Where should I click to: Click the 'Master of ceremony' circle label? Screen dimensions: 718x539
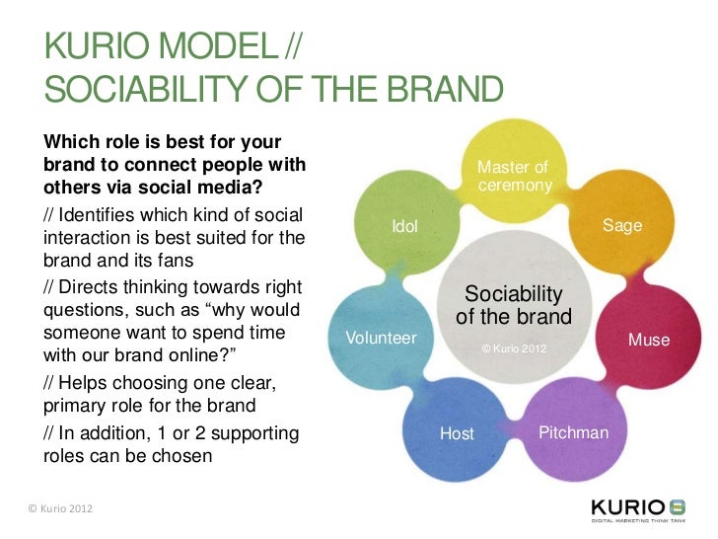(x=512, y=177)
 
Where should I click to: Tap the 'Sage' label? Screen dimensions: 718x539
(x=622, y=226)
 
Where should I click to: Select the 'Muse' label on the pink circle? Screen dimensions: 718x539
(x=649, y=341)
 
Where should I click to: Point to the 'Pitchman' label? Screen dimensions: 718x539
(x=573, y=433)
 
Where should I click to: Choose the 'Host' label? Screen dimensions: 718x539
(x=457, y=433)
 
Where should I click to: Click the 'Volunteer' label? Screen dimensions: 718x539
(x=381, y=338)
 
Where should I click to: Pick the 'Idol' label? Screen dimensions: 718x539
(x=404, y=227)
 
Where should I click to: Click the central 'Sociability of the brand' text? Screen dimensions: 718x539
(x=513, y=306)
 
